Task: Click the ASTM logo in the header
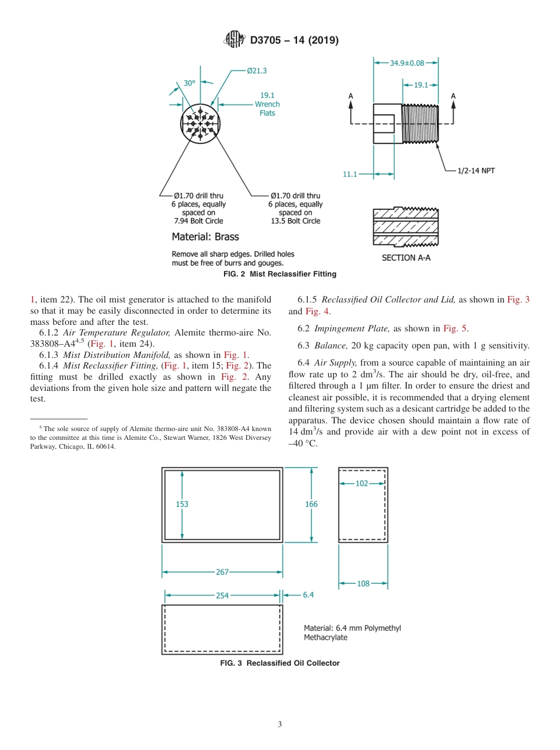[x=234, y=40]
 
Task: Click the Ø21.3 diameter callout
[x=257, y=71]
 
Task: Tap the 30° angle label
[x=189, y=83]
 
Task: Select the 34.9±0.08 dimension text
[x=407, y=62]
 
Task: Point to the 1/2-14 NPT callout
[x=476, y=170]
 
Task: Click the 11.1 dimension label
[x=350, y=175]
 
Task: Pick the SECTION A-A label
[x=406, y=258]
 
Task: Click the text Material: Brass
[x=205, y=237]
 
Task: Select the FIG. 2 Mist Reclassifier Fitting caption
[x=280, y=274]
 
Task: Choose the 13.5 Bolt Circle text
[x=295, y=221]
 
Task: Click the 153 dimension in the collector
[x=183, y=504]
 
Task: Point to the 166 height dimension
[x=311, y=504]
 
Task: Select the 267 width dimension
[x=222, y=572]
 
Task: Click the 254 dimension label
[x=222, y=596]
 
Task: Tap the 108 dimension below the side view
[x=363, y=584]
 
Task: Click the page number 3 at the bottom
[x=280, y=725]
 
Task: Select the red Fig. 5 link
[x=454, y=328]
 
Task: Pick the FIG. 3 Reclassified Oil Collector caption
[x=280, y=663]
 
